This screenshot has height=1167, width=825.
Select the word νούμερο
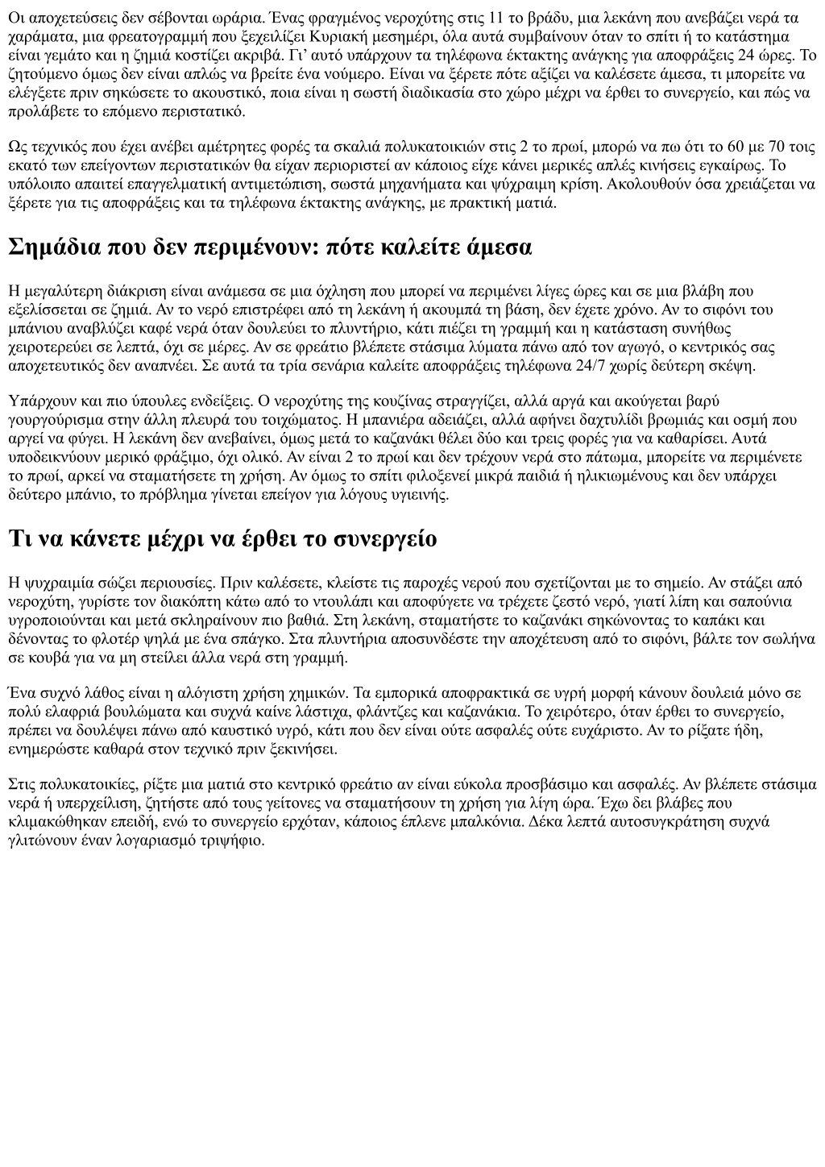coord(353,73)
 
